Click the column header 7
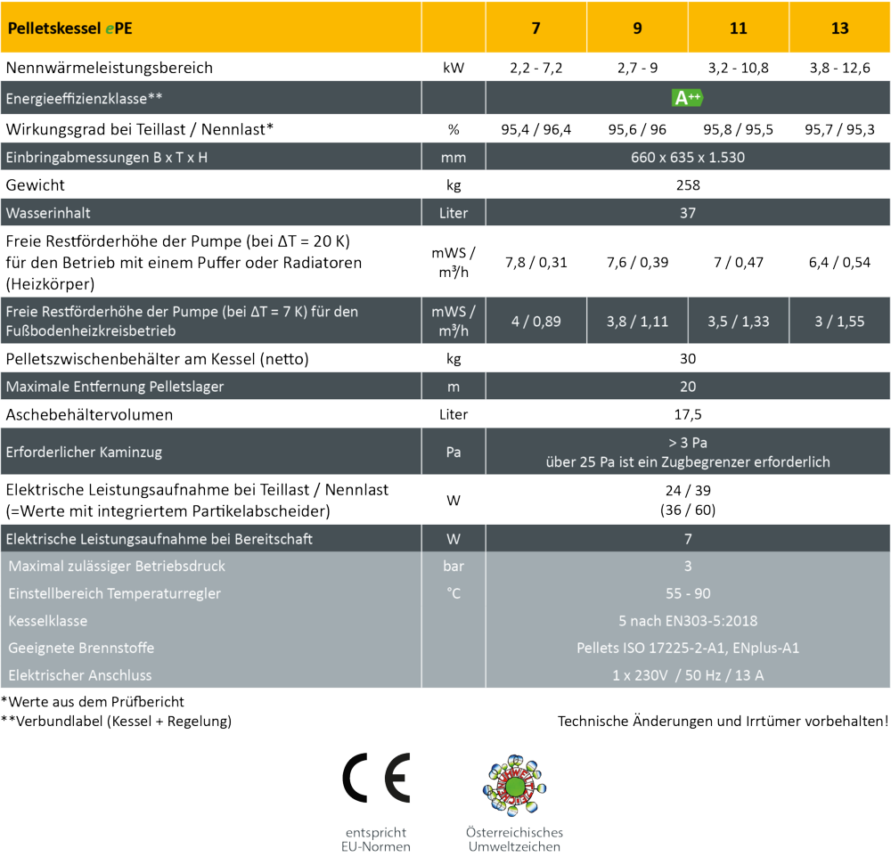coord(535,28)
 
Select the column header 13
coord(839,28)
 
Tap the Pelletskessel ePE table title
coord(72,28)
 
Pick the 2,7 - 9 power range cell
coord(637,68)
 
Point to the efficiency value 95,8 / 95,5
coord(738,129)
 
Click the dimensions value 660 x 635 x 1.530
coord(687,158)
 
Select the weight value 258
coord(687,185)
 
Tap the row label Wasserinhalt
coord(48,214)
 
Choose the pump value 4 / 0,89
coord(535,321)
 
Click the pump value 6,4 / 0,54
coord(839,263)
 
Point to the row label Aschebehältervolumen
coord(89,415)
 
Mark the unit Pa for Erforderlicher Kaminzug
coord(453,452)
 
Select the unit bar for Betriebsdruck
coord(453,566)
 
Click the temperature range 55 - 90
coord(687,593)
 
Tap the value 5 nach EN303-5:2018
coord(687,621)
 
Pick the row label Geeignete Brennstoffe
coord(81,648)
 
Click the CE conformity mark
coord(376,778)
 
